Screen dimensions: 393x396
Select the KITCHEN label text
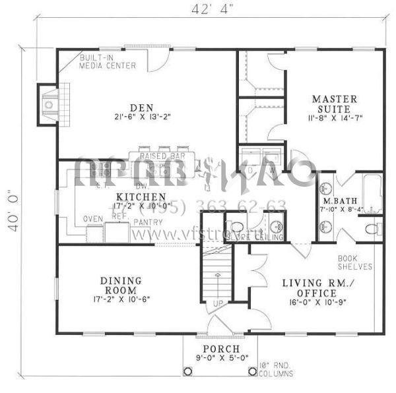[141, 197]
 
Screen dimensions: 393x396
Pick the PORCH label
[220, 349]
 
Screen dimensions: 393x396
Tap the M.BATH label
[336, 200]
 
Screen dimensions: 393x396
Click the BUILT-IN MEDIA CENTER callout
[108, 62]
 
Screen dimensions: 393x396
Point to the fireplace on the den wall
[48, 104]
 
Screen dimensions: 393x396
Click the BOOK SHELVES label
[355, 262]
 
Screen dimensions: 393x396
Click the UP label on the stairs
[215, 305]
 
